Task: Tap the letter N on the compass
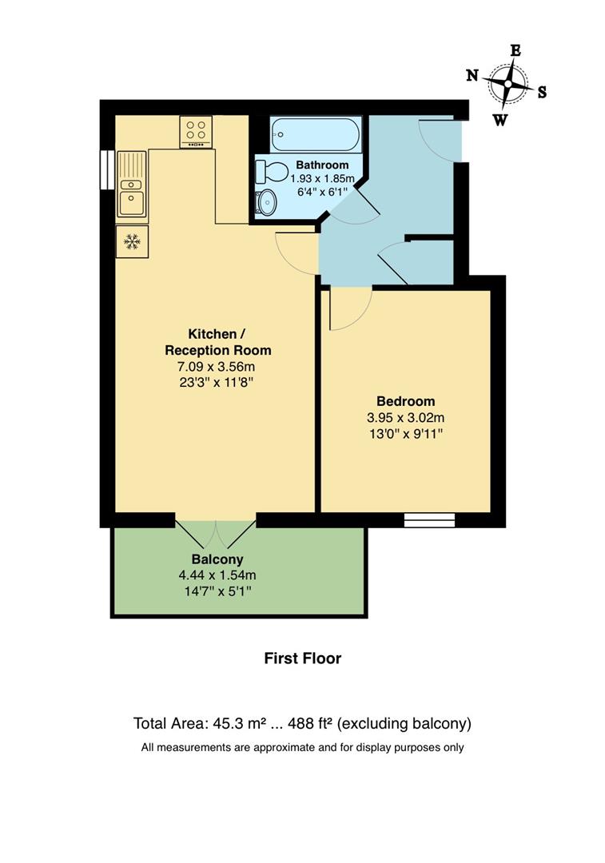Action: click(472, 75)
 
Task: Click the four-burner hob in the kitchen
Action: click(196, 132)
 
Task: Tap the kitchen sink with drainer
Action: click(131, 184)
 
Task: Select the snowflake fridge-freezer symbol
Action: click(131, 241)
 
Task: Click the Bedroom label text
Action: click(405, 401)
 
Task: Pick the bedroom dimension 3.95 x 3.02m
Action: click(405, 418)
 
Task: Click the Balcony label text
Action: click(217, 559)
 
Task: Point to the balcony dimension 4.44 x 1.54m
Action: click(217, 575)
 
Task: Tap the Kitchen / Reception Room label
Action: click(217, 342)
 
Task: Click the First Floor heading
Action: click(302, 658)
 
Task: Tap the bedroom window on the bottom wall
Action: click(429, 520)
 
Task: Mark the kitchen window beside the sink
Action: click(105, 169)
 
